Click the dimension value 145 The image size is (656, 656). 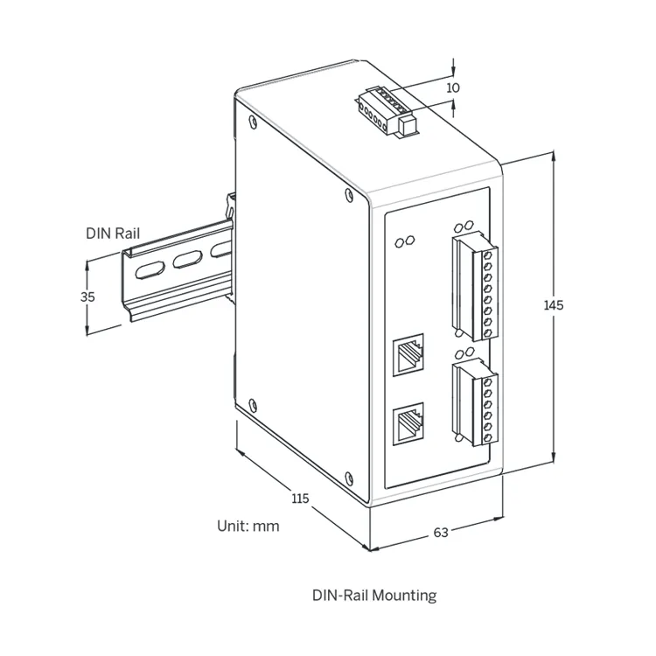(553, 305)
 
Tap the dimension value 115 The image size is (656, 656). (300, 499)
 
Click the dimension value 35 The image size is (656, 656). (87, 297)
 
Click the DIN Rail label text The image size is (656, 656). (112, 234)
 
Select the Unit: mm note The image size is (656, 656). (248, 527)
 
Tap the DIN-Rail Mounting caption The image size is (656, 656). (374, 596)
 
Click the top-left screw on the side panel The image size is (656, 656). (253, 122)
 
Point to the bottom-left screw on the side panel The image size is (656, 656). (252, 404)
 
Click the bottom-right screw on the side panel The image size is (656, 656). (350, 477)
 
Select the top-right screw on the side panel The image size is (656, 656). (350, 193)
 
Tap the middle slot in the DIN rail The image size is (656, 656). (188, 260)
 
